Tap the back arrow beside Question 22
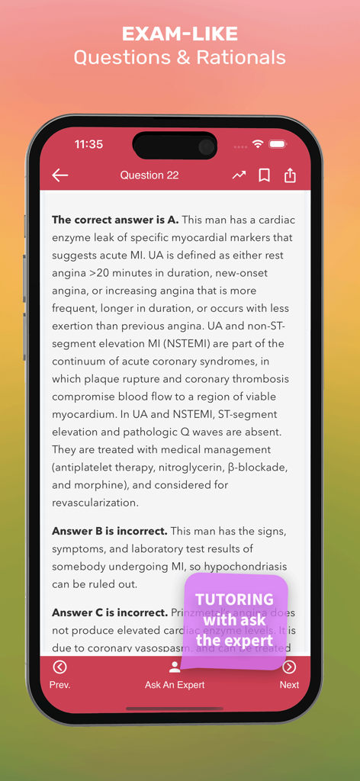tap(60, 175)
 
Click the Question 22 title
tap(149, 175)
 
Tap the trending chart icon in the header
tap(239, 175)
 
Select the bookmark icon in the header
tap(264, 175)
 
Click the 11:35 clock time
tap(88, 144)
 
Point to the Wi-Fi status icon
tap(258, 144)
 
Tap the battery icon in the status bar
tap(278, 144)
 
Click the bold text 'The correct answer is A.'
tap(115, 220)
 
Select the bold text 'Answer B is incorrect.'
tap(110, 531)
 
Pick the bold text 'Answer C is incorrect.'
tap(110, 612)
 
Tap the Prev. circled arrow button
tap(59, 667)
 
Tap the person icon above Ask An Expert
tap(175, 667)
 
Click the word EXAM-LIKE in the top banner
tap(180, 34)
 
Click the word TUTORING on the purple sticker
tap(234, 599)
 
